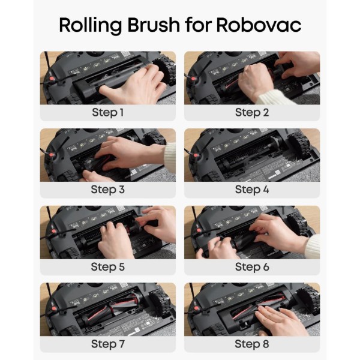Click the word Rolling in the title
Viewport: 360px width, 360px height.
90,25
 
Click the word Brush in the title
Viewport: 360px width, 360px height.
154,25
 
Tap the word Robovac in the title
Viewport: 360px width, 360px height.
259,25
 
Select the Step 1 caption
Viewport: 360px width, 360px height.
107,113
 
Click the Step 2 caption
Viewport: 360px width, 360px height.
252,113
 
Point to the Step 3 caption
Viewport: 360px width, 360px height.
107,190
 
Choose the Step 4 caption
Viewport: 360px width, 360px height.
252,190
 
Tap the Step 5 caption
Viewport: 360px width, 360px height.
107,267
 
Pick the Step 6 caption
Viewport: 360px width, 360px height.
252,267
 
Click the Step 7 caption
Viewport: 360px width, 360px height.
107,344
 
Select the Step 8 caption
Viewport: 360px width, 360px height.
252,344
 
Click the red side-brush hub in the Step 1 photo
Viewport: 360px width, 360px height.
52,79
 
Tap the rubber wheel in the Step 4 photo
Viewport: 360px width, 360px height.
299,147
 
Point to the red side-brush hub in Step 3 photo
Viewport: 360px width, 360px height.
52,155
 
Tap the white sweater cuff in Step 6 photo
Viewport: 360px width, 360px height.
314,247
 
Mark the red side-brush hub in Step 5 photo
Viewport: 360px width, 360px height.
54,232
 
